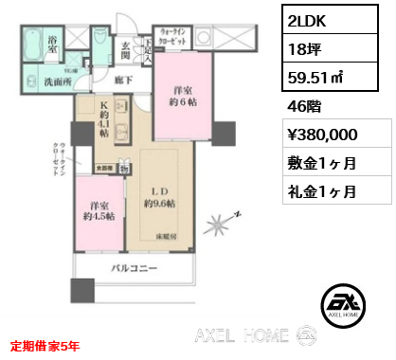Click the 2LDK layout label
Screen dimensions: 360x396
pos(308,20)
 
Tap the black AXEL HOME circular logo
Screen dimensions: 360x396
pos(340,304)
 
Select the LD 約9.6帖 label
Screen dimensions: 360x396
pos(158,195)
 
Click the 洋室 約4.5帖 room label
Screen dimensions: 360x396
pos(98,209)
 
